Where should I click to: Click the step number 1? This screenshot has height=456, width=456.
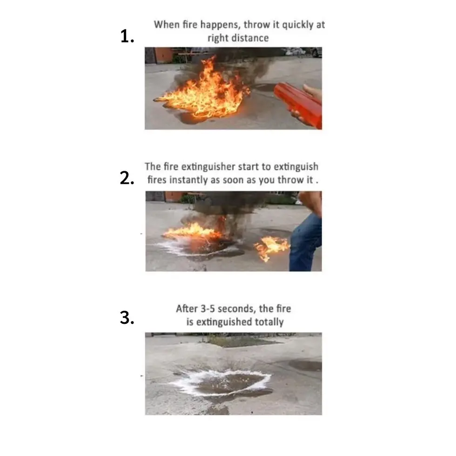click(x=127, y=36)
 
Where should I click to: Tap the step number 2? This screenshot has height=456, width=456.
click(x=127, y=178)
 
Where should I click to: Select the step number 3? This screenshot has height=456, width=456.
click(x=127, y=317)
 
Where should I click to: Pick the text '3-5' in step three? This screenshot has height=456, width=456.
click(x=208, y=308)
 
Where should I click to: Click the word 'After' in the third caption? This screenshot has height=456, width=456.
click(x=187, y=308)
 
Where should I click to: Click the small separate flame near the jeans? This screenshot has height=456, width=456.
click(x=271, y=247)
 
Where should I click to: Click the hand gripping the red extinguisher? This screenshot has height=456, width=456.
click(x=313, y=92)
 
